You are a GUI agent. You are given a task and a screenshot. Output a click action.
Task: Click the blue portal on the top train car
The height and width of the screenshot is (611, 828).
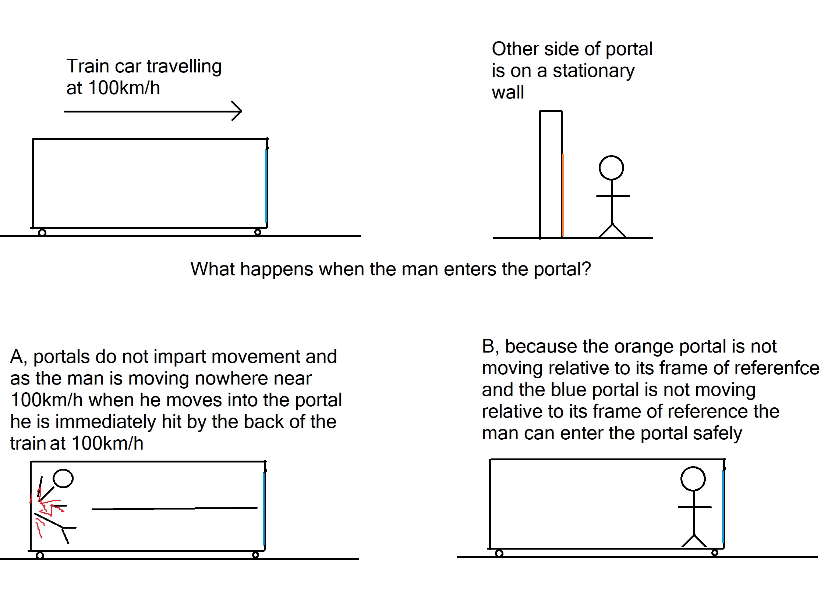pos(266,185)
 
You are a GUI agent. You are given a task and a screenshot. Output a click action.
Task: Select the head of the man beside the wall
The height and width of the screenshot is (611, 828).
pos(611,168)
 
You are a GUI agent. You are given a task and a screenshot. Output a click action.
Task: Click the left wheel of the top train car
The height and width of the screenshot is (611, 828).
pos(42,233)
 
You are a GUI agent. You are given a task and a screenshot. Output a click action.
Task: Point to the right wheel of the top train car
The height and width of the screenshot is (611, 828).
pos(258,232)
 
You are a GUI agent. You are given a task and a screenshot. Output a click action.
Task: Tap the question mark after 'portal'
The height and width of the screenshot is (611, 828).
pos(586,269)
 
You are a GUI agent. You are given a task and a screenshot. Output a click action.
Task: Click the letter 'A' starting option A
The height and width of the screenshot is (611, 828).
pos(17,357)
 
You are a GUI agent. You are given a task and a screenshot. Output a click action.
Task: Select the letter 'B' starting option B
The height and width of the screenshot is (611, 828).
pos(489,347)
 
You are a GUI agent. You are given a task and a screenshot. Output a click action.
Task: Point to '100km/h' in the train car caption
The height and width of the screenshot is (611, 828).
pos(124,88)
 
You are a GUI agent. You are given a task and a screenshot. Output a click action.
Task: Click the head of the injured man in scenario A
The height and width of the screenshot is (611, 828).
pos(63,479)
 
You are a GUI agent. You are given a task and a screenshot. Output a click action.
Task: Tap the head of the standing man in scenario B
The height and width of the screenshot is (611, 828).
pos(693,479)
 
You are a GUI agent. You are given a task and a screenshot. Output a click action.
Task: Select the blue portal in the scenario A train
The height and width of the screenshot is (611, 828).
pos(264,508)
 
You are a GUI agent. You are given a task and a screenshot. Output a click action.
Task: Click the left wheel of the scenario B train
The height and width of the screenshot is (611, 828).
pos(499,553)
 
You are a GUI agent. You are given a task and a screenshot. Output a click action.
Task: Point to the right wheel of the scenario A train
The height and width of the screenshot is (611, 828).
pos(255,555)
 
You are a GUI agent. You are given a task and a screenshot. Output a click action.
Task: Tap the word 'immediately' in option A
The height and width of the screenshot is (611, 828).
pos(106,422)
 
